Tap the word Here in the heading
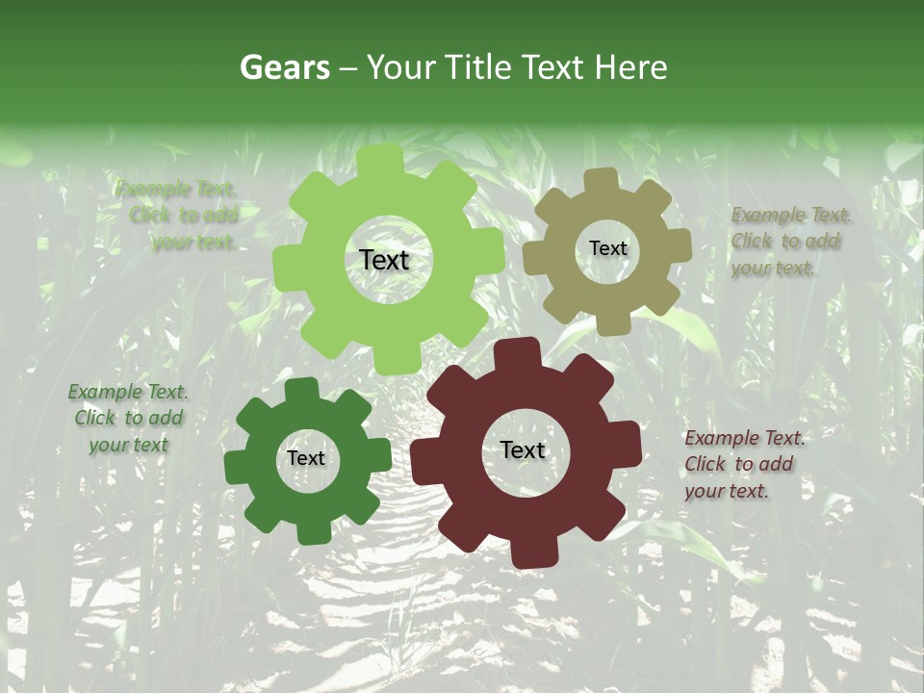tap(629, 67)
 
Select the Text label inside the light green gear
tap(384, 260)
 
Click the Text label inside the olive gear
tap(607, 248)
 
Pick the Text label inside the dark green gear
tap(306, 458)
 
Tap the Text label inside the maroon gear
tap(523, 449)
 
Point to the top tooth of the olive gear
tap(603, 180)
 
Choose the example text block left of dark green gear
tap(128, 418)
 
